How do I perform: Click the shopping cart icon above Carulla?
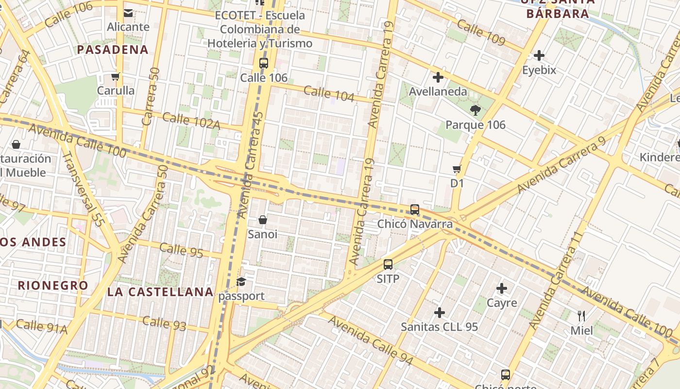pyautogui.click(x=115, y=76)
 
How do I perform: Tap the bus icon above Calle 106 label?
pyautogui.click(x=264, y=63)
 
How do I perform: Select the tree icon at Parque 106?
pyautogui.click(x=476, y=110)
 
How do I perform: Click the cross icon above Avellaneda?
pyautogui.click(x=438, y=77)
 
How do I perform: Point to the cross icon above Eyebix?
pyautogui.click(x=539, y=55)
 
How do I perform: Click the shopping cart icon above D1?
pyautogui.click(x=457, y=169)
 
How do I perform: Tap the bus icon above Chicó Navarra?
pyautogui.click(x=415, y=210)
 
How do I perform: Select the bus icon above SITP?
pyautogui.click(x=388, y=265)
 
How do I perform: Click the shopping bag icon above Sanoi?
pyautogui.click(x=263, y=220)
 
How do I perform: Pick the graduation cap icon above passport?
pyautogui.click(x=241, y=282)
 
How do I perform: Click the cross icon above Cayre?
pyautogui.click(x=502, y=289)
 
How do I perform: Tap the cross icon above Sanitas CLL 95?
pyautogui.click(x=440, y=312)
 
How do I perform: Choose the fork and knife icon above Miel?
pyautogui.click(x=581, y=316)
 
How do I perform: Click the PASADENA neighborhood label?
pyautogui.click(x=113, y=50)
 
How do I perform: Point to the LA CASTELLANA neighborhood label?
pyautogui.click(x=160, y=292)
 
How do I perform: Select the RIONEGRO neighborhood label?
pyautogui.click(x=53, y=285)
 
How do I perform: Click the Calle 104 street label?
pyautogui.click(x=329, y=93)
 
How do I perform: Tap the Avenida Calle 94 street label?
pyautogui.click(x=371, y=340)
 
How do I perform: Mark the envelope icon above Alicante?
pyautogui.click(x=128, y=13)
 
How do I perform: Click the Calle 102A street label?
pyautogui.click(x=191, y=121)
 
